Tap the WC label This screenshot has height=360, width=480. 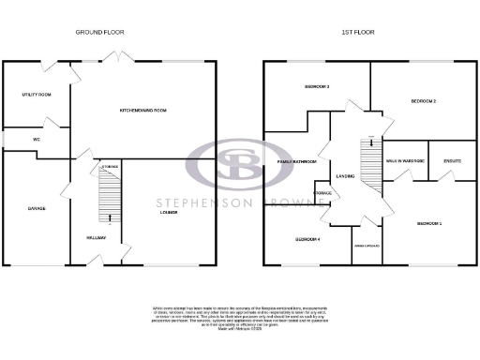click(x=37, y=139)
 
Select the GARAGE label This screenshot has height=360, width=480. click(x=37, y=208)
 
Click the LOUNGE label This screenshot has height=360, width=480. click(x=168, y=212)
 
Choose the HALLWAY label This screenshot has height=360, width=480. click(x=96, y=238)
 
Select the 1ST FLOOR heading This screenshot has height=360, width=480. click(x=357, y=32)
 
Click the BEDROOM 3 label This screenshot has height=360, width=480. click(x=317, y=87)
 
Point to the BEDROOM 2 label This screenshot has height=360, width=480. click(x=424, y=100)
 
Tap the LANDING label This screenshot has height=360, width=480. click(x=344, y=175)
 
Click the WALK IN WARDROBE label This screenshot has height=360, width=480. click(x=405, y=161)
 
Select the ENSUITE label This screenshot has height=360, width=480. click(x=452, y=161)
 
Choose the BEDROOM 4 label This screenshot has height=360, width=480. click(x=307, y=239)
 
